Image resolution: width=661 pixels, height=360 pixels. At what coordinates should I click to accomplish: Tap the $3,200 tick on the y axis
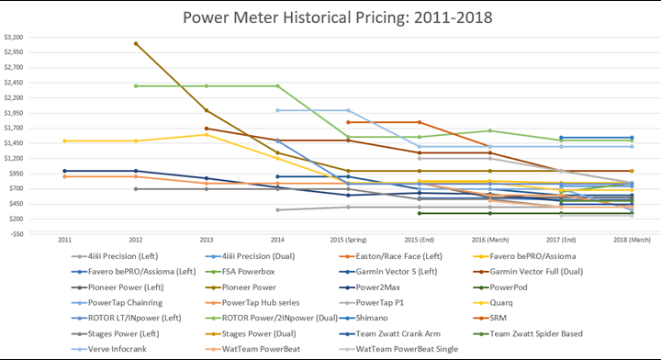tap(15, 38)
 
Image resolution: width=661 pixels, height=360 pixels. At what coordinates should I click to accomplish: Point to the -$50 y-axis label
tap(16, 233)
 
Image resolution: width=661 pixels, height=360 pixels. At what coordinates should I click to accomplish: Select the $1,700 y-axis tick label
tap(15, 128)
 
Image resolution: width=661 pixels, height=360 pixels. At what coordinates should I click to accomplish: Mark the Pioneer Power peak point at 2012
tap(136, 43)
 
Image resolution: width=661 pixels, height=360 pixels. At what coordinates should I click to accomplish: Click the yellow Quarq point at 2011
tap(65, 141)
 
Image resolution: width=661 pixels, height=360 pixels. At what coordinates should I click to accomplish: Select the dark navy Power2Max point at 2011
tap(65, 171)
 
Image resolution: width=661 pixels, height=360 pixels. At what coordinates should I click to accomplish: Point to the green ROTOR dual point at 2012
tap(136, 85)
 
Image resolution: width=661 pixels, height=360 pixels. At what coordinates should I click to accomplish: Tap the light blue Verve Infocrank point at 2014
tap(277, 110)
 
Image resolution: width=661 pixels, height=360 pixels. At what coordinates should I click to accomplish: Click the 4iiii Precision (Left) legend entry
tap(113, 259)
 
